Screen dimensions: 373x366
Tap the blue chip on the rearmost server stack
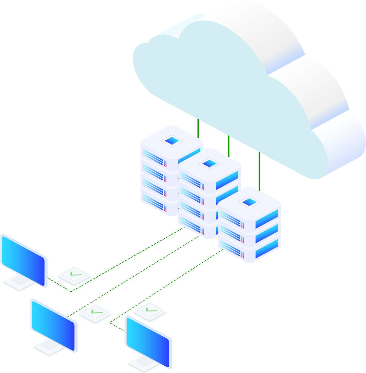pyautogui.click(x=171, y=140)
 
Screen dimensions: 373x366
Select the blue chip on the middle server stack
pyautogui.click(x=209, y=163)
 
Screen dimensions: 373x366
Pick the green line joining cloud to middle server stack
pyautogui.click(x=229, y=145)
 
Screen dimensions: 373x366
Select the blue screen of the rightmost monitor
pyautogui.click(x=148, y=341)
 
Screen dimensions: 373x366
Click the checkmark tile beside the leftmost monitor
pyautogui.click(x=74, y=275)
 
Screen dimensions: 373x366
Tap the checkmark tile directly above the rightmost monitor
pyautogui.click(x=150, y=311)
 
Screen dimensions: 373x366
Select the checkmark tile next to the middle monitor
pyautogui.click(x=95, y=313)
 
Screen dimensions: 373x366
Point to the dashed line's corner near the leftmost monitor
pyautogui.click(x=71, y=291)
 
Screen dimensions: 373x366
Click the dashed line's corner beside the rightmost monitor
pyautogui.click(x=110, y=323)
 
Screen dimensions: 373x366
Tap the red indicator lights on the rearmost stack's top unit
pyautogui.click(x=165, y=163)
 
